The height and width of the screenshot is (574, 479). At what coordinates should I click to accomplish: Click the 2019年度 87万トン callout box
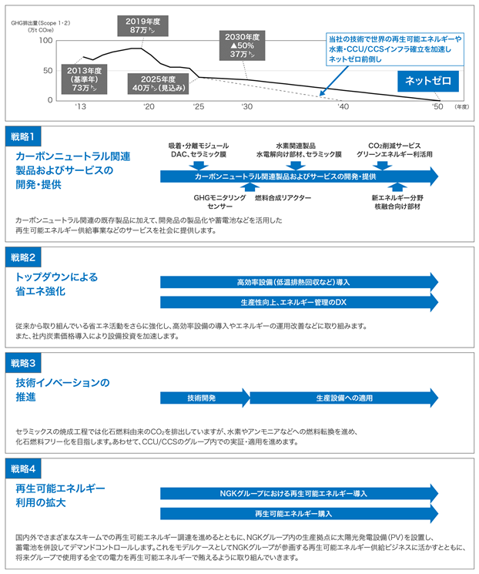click(x=142, y=26)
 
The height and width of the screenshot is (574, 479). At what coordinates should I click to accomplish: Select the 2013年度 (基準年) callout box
click(x=84, y=79)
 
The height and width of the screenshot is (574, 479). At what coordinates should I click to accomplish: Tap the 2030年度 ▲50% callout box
click(x=243, y=45)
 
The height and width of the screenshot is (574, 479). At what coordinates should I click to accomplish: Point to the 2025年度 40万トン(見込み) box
click(x=158, y=84)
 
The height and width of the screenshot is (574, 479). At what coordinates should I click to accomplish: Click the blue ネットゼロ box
click(x=428, y=81)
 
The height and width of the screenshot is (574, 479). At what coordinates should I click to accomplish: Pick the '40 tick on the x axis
click(x=343, y=106)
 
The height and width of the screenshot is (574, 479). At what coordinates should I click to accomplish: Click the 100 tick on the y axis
click(x=45, y=40)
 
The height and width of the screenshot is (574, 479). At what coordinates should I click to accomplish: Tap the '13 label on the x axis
click(x=80, y=106)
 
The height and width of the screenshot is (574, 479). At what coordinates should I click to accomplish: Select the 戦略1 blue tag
click(x=23, y=136)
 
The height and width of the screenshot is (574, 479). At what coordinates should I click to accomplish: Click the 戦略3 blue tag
click(x=23, y=363)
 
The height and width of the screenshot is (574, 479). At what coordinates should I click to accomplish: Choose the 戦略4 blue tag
click(x=23, y=469)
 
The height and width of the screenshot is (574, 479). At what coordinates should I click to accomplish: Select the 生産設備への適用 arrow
click(x=344, y=398)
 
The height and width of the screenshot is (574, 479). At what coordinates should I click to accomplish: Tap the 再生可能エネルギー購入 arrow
click(x=300, y=514)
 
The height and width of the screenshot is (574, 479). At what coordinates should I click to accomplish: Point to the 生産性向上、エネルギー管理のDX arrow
click(x=300, y=302)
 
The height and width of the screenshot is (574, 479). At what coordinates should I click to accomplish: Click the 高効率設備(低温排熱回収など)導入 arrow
click(x=300, y=282)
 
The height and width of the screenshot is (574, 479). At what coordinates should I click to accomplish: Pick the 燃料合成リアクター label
click(x=283, y=198)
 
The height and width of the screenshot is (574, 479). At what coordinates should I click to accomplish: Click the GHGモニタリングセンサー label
click(x=219, y=202)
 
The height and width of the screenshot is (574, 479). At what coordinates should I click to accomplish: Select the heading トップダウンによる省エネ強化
click(x=57, y=284)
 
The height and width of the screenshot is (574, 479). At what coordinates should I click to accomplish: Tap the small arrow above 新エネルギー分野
click(x=397, y=187)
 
